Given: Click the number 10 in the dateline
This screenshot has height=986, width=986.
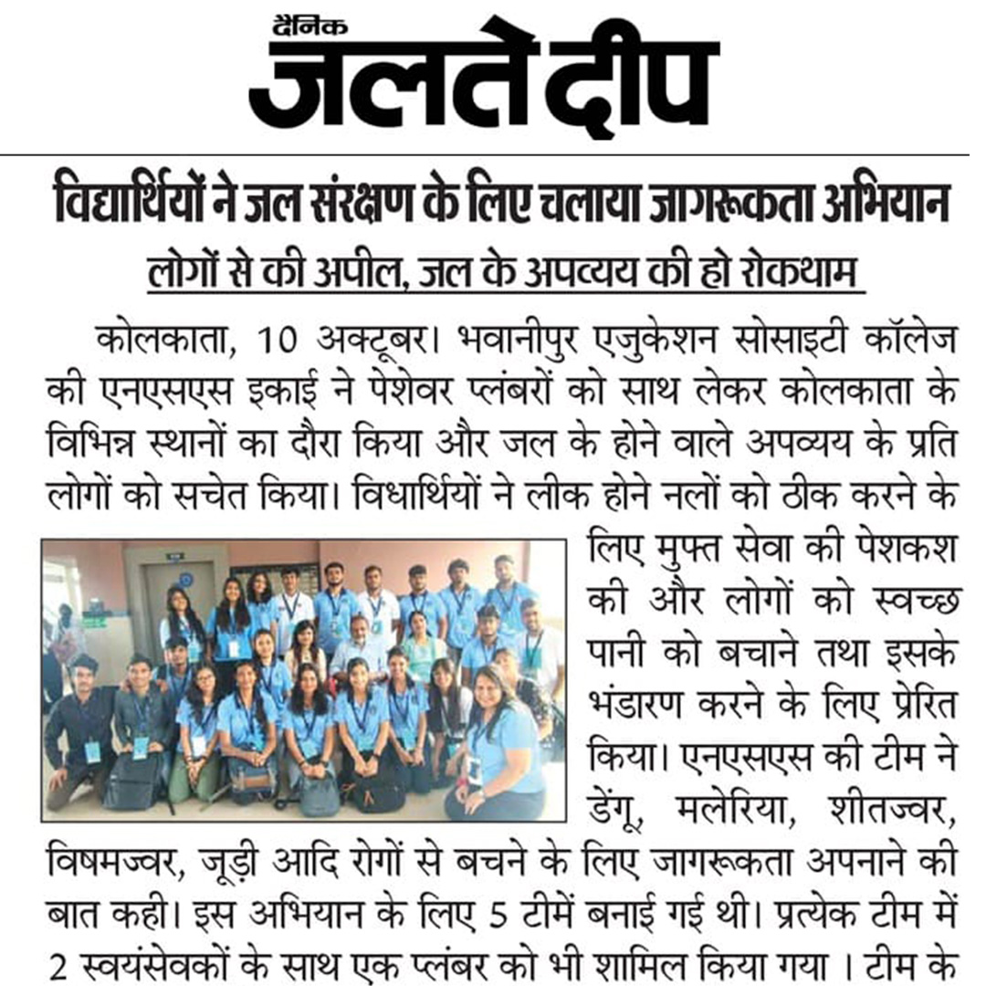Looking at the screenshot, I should point(276,343).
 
